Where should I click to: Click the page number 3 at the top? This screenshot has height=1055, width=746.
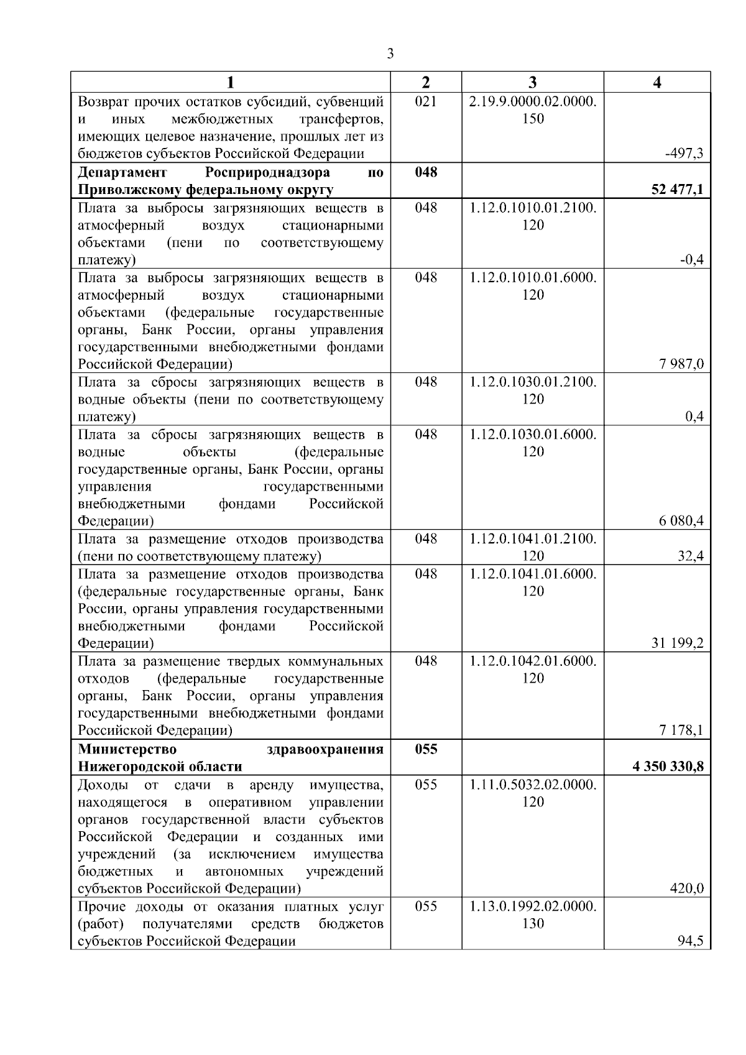click(390, 54)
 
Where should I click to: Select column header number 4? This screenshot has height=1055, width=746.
click(657, 82)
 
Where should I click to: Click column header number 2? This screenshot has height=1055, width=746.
click(426, 82)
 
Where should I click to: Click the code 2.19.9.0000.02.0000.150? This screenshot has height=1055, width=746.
click(533, 109)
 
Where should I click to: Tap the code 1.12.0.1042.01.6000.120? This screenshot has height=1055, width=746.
click(533, 669)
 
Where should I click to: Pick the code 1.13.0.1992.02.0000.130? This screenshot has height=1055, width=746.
click(533, 914)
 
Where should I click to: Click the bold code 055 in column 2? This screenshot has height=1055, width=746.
click(426, 749)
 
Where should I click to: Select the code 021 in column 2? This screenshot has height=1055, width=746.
click(426, 101)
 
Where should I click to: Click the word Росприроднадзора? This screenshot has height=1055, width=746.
click(267, 172)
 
